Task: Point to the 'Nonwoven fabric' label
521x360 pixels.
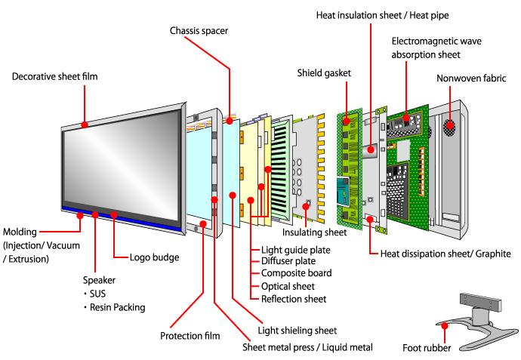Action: pyautogui.click(x=472, y=78)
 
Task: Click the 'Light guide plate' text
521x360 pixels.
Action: pyautogui.click(x=296, y=250)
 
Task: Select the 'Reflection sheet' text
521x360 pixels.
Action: pyautogui.click(x=294, y=299)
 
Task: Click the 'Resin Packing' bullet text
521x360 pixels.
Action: pyautogui.click(x=113, y=308)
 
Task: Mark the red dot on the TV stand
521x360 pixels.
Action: pyautogui.click(x=445, y=326)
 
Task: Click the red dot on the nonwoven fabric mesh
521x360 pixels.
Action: pyautogui.click(x=452, y=125)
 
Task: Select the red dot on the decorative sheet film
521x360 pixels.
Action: pyautogui.click(x=85, y=124)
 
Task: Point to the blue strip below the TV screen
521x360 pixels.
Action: pyautogui.click(x=121, y=217)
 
